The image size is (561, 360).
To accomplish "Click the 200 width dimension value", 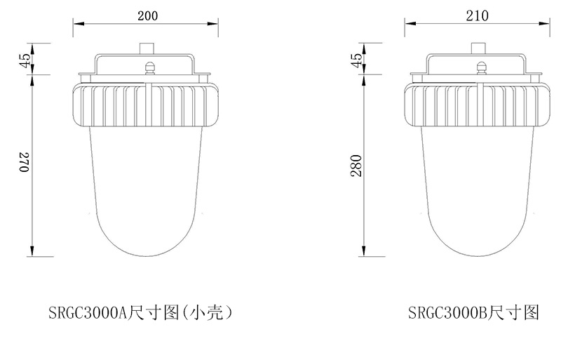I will point(147,15).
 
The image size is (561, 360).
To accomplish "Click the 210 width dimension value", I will point(477,15).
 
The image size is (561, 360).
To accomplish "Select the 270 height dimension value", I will point(23,163).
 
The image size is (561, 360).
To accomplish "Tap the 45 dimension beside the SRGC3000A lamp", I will point(23,60).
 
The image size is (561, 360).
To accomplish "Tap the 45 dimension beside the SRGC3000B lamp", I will point(356,60).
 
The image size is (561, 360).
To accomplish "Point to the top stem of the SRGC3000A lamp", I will point(147,48).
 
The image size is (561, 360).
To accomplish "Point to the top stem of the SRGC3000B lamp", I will point(478,48).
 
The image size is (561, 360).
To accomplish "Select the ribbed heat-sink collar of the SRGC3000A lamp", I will point(147,104).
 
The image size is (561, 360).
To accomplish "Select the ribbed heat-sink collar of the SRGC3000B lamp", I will point(478,104).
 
